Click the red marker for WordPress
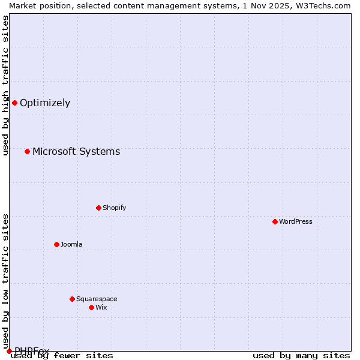point(275,221)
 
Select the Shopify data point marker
point(98,208)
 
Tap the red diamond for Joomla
point(56,244)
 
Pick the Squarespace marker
point(72,299)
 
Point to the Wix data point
point(91,307)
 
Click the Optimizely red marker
point(14,103)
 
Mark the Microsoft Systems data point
point(27,151)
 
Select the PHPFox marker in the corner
point(9,351)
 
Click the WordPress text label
point(296,221)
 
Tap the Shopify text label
point(115,208)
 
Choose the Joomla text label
point(71,244)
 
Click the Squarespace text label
point(97,299)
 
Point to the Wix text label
point(101,307)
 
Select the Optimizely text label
point(45,103)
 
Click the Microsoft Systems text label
point(76,151)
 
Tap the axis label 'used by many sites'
point(301,355)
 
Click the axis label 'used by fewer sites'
point(62,355)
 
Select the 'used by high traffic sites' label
point(5,85)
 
